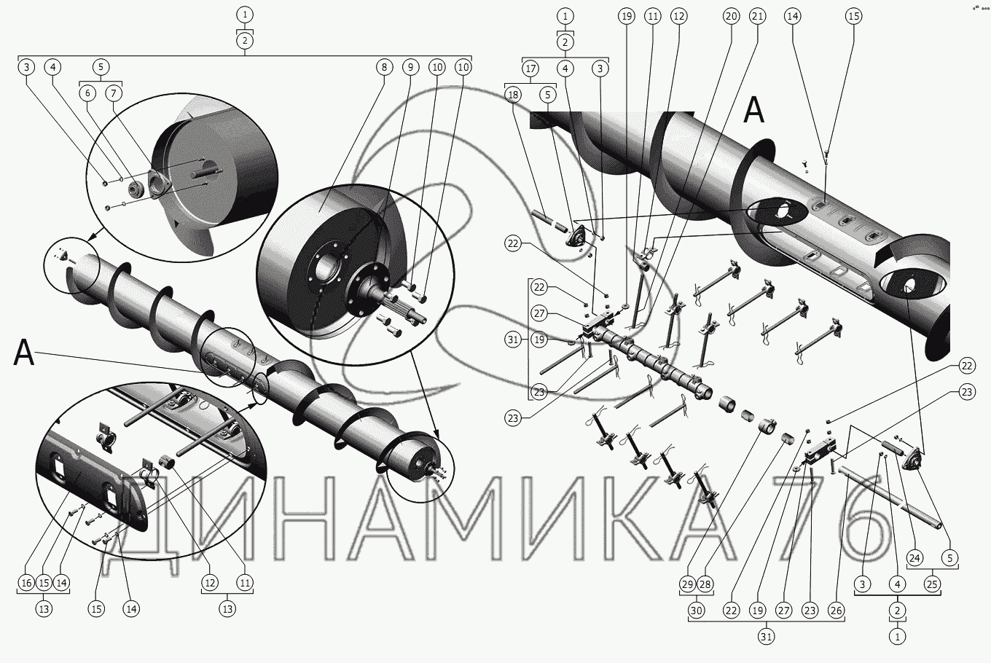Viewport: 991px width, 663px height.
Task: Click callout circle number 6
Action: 87,93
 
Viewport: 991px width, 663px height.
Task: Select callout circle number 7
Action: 114,93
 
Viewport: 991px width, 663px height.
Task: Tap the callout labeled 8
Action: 384,67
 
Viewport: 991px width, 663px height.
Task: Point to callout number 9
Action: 410,67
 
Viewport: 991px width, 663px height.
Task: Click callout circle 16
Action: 26,583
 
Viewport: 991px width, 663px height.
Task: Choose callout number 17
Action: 530,68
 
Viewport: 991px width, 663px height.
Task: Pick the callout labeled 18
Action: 513,95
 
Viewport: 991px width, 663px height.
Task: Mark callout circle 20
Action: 731,16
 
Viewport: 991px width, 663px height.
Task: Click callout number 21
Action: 757,16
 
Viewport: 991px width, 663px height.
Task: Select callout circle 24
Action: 914,558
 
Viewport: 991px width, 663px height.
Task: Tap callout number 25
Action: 932,584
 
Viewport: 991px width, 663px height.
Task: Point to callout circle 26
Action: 837,611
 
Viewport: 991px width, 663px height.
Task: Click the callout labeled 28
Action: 705,584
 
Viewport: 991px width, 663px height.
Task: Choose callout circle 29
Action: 688,584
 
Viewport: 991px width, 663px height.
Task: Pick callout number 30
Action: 697,611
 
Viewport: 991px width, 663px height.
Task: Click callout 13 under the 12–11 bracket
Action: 227,609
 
